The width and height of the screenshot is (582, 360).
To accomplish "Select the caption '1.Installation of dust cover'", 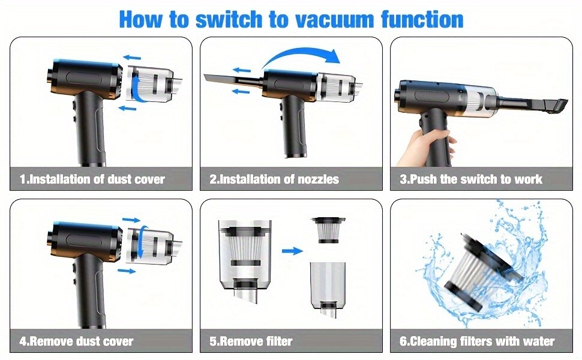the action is pos(92,179).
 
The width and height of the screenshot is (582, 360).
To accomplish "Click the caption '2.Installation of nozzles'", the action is pos(274,179).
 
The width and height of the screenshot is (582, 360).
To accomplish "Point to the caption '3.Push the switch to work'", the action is pos(471,179).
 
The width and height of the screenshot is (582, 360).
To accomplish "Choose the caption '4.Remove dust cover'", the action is pos(76,341).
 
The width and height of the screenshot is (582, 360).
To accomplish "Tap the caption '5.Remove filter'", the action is pos(251,341).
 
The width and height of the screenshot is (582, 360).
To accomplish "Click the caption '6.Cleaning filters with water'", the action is pos(477,341).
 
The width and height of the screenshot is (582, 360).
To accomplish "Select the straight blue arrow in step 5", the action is pos(292,251).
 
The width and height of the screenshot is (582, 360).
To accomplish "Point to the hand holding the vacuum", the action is pos(427,148).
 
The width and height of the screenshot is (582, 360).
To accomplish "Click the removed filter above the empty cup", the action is pos(328,230).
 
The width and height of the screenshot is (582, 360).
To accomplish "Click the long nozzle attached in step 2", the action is pos(234,79).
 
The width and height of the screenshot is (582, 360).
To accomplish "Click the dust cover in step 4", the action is pos(151,245).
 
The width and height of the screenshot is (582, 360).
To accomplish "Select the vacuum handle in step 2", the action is pos(294,126).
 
